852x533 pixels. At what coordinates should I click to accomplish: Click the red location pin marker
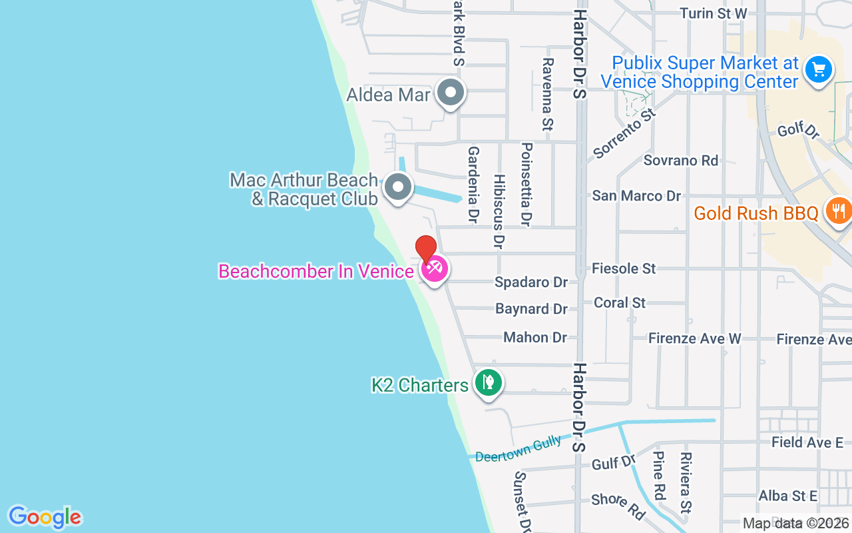click(426, 249)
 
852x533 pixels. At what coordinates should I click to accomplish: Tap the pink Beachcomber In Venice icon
click(435, 270)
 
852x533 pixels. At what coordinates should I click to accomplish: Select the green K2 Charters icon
click(489, 383)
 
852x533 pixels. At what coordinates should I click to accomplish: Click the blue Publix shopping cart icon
click(818, 69)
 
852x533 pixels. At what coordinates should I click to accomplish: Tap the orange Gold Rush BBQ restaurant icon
click(838, 211)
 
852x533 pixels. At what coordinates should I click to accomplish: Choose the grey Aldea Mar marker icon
click(451, 93)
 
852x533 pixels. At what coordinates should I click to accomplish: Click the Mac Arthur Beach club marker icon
click(398, 187)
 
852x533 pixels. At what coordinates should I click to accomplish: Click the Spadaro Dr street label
click(531, 282)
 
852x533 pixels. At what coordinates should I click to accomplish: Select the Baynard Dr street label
click(531, 309)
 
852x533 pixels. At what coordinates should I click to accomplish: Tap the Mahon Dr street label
click(535, 338)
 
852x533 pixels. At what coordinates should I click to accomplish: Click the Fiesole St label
click(624, 268)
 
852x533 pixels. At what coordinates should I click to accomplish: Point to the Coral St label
click(619, 302)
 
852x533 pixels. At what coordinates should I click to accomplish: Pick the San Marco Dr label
click(636, 196)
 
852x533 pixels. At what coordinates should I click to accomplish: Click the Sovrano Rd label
click(681, 161)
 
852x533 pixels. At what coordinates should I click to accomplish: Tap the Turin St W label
click(713, 13)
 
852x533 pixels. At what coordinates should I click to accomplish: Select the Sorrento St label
click(624, 133)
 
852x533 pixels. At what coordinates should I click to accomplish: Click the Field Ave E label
click(807, 442)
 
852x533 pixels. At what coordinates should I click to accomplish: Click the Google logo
click(45, 517)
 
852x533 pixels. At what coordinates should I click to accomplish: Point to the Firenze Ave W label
click(695, 339)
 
